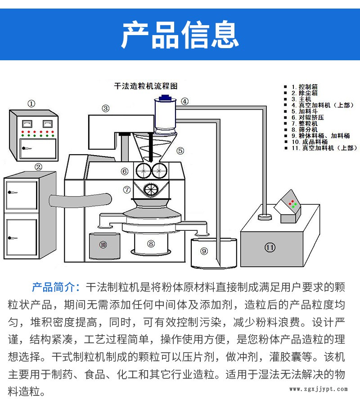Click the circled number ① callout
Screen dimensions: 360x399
[31, 104]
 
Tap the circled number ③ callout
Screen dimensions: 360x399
[106, 109]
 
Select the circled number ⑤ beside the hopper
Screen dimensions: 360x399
[180, 151]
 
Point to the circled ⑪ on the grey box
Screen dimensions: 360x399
[270, 247]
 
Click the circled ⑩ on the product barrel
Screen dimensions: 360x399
[103, 245]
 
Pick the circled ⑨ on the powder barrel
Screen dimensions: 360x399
[204, 251]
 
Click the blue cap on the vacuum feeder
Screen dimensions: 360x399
[165, 98]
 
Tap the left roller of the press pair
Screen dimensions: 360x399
[144, 170]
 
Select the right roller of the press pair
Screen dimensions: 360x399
[159, 170]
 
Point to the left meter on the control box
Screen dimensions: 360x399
[27, 124]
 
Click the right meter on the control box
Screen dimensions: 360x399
[48, 124]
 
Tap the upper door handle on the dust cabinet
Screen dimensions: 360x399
[12, 193]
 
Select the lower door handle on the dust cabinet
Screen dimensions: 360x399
[12, 238]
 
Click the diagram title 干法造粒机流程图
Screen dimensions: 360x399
[146, 86]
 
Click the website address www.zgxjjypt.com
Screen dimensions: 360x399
[319, 389]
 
